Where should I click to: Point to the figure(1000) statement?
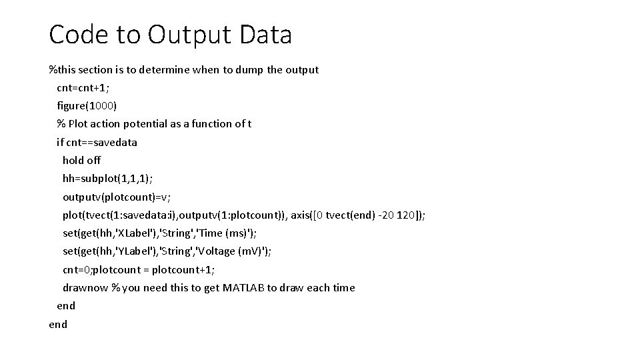(x=87, y=105)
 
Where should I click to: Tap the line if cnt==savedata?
(x=97, y=142)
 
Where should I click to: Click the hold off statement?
(x=82, y=160)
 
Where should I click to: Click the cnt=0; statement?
(x=78, y=270)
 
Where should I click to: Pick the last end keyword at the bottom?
(x=58, y=325)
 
